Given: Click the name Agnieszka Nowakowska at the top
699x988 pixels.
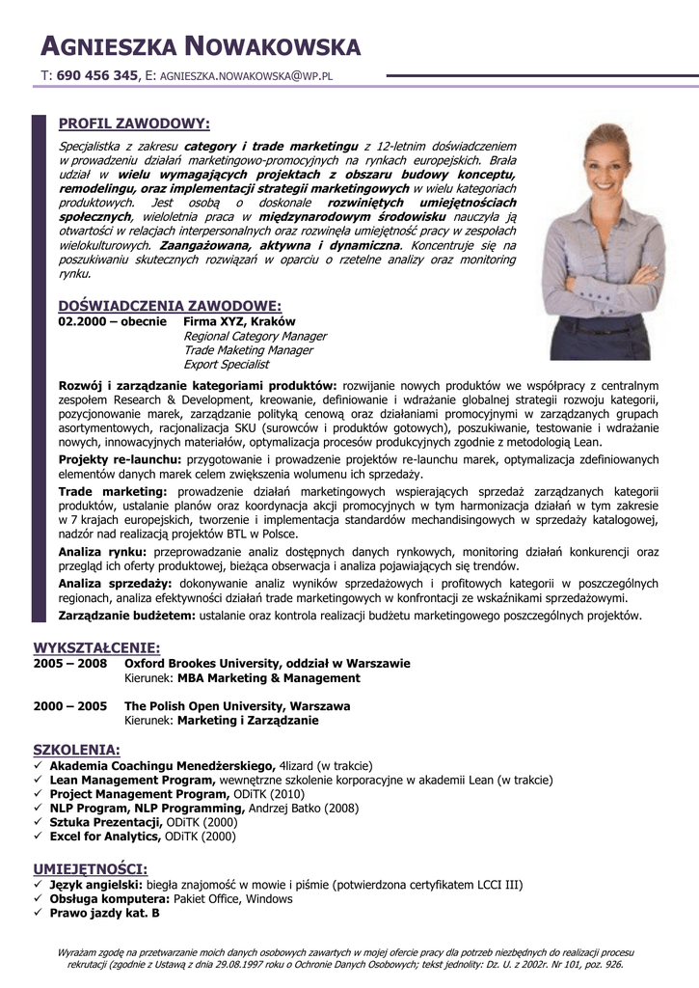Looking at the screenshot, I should (201, 45).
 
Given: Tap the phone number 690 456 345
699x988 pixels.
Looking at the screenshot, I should (97, 74).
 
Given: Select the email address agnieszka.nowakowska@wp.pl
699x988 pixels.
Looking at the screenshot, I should (246, 75).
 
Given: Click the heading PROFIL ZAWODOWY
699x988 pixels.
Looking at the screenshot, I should (134, 123).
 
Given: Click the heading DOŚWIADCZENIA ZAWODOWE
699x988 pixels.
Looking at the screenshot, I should (170, 305).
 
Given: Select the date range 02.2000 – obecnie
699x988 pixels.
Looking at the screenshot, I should (112, 321).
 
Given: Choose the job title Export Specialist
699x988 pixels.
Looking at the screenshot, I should (227, 365).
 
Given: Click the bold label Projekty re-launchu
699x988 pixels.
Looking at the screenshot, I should (120, 459).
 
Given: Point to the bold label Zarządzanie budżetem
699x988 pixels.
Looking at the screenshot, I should (126, 615).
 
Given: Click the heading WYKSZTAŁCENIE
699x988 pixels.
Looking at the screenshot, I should (96, 647).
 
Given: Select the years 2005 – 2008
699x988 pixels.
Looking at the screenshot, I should (69, 664).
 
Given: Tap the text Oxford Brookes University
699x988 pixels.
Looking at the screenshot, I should (202, 664).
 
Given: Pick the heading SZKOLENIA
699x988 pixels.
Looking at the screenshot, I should (76, 750).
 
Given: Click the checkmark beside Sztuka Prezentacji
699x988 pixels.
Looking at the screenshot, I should (39, 823).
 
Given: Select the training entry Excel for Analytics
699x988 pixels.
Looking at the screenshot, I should (105, 837).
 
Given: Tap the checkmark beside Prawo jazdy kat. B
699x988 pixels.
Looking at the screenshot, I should (39, 913).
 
